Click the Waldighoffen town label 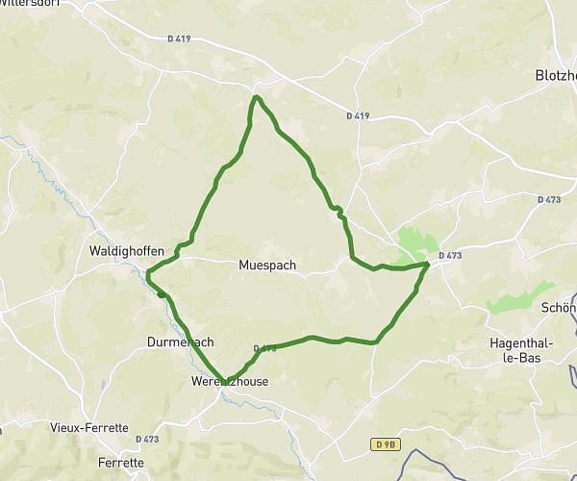click(127, 251)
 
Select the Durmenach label click(180, 342)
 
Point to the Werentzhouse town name click(230, 381)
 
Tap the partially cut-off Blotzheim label click(555, 74)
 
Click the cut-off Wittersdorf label click(26, 3)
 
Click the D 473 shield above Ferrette click(147, 439)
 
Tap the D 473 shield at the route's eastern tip click(449, 255)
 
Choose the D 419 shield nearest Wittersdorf click(179, 38)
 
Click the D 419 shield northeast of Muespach click(357, 115)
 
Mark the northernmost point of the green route click(256, 97)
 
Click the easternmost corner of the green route click(428, 263)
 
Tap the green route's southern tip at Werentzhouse click(225, 381)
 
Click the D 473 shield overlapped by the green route click(265, 348)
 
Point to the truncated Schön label click(559, 308)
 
